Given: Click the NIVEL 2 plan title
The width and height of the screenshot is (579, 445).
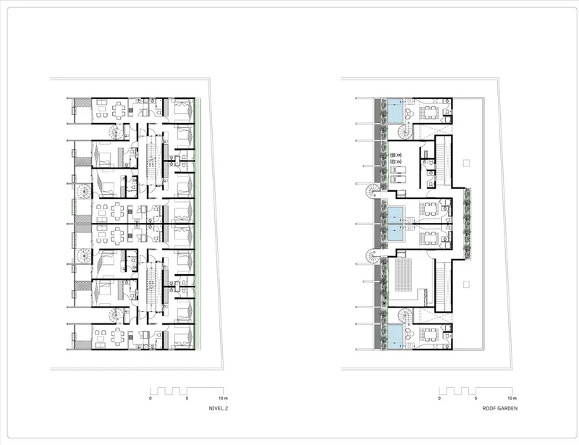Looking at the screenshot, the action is tap(219, 408).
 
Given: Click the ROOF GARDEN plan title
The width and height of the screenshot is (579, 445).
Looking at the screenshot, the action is tap(500, 408).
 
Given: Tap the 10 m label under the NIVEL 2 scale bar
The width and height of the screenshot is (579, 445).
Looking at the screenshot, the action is tap(223, 399).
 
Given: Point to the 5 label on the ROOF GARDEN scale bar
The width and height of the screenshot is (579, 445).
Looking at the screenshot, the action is tap(476, 399).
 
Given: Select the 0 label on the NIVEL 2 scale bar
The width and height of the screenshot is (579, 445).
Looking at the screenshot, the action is tap(151, 399).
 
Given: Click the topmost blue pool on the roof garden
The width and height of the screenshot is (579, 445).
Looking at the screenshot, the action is tap(395, 111).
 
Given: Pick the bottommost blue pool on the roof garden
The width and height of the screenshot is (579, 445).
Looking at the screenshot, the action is tap(395, 336).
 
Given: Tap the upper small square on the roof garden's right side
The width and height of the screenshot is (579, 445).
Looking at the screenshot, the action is tap(466, 163).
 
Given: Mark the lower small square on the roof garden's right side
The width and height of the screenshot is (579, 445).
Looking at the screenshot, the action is tap(466, 284).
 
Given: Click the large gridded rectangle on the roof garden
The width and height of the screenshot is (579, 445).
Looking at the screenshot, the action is tap(403, 275).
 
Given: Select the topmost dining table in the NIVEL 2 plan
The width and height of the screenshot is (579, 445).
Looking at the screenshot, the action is tap(119, 111).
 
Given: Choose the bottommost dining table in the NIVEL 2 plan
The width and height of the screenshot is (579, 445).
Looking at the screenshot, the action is tap(119, 336).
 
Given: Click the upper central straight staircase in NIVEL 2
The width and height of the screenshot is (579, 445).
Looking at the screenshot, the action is tap(152, 161).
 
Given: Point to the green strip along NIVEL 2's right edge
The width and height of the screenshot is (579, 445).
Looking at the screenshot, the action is tap(198, 224).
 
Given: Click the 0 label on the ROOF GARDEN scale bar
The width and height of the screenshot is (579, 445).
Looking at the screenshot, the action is tap(439, 399).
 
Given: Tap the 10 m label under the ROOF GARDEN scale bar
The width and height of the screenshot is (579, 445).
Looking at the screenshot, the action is tap(512, 399).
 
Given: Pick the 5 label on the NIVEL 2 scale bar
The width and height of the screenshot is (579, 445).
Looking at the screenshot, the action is tap(187, 399).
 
